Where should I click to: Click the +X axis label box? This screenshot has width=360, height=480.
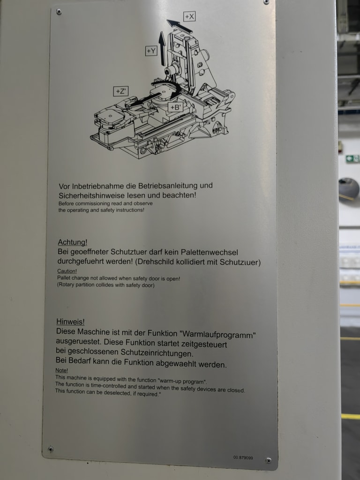(189, 16)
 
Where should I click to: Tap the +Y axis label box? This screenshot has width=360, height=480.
(151, 51)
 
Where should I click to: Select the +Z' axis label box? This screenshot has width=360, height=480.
(120, 91)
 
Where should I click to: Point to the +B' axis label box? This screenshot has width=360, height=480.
(175, 107)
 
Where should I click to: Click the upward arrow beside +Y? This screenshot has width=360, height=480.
(162, 48)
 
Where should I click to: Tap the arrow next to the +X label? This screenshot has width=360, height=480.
(180, 26)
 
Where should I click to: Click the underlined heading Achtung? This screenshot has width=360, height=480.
(73, 242)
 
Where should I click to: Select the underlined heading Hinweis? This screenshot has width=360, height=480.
(70, 322)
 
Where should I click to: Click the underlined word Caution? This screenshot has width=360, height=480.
(67, 271)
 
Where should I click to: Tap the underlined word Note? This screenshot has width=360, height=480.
(61, 370)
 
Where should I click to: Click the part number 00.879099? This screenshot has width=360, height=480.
(243, 457)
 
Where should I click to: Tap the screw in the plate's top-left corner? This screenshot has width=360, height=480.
(59, 12)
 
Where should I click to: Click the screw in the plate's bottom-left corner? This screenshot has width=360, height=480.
(51, 449)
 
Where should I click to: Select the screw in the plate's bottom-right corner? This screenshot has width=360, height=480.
(269, 460)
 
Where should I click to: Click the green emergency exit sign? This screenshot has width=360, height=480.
(352, 158)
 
